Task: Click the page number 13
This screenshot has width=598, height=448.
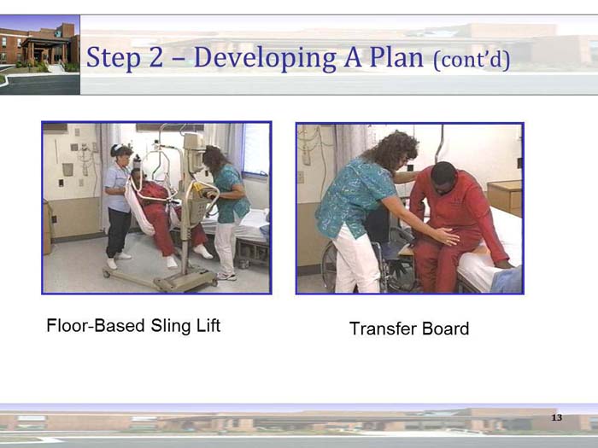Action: [x=556, y=417]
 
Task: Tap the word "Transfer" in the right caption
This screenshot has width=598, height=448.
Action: [x=382, y=329]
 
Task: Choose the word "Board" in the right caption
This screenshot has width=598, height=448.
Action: [x=443, y=329]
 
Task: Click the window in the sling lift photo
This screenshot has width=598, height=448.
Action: [x=255, y=149]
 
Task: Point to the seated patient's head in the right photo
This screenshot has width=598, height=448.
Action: [x=443, y=177]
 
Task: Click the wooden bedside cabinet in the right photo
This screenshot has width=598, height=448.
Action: [x=504, y=196]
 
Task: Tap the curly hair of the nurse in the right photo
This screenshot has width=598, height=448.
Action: [x=384, y=150]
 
